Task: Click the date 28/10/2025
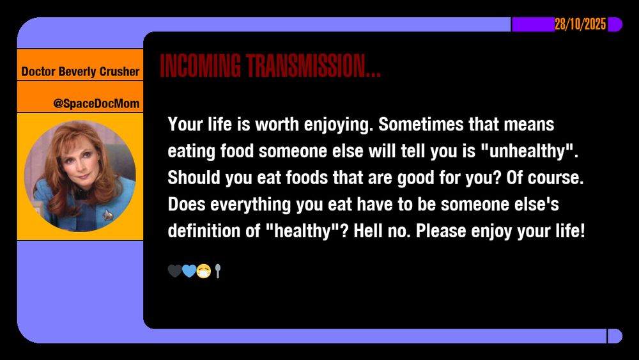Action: (x=580, y=25)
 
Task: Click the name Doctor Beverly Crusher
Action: (x=80, y=72)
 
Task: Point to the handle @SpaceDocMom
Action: (x=96, y=103)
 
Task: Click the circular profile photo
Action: (x=80, y=176)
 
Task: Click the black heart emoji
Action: (x=174, y=272)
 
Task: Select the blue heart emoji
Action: (x=189, y=272)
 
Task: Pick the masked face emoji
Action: (x=204, y=272)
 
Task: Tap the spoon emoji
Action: (x=218, y=272)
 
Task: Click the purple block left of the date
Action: (x=533, y=25)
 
